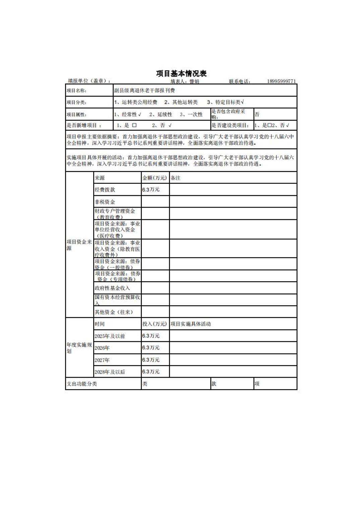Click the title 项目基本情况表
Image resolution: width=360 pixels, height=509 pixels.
point(181,73)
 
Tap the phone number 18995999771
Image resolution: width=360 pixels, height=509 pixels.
point(281,81)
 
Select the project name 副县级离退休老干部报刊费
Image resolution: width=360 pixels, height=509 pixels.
point(144,90)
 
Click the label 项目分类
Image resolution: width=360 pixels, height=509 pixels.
point(76,102)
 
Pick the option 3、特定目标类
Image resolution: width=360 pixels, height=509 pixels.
point(225,102)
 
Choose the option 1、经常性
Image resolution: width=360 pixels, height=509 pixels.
point(127,115)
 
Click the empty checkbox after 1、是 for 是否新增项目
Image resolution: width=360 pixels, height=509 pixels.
point(134,125)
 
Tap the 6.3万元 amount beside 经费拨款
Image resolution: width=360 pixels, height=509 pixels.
point(151,190)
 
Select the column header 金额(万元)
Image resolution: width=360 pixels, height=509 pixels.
point(155,178)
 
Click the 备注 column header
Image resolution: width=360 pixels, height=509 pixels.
point(176,178)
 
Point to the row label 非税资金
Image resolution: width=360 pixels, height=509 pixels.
point(105,202)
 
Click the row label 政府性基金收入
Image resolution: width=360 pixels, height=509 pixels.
point(112,288)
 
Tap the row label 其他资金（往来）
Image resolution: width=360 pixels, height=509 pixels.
point(114,312)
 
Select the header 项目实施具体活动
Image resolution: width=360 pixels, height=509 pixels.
point(190,324)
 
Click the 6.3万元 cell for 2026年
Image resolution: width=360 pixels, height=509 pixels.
point(151,348)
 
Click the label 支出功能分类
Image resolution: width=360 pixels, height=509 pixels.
point(82,384)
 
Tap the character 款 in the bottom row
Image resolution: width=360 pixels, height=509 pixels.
point(214,384)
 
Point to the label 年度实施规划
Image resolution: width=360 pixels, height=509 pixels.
point(79,348)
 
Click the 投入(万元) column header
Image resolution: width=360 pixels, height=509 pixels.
point(155,324)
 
